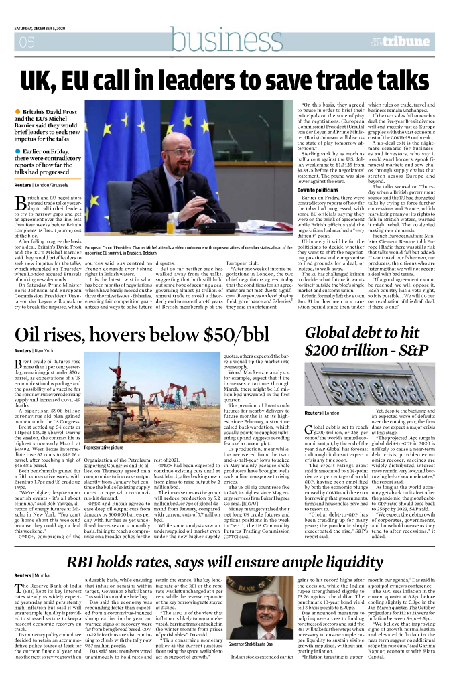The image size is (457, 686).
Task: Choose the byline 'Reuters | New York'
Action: click(x=35, y=351)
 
